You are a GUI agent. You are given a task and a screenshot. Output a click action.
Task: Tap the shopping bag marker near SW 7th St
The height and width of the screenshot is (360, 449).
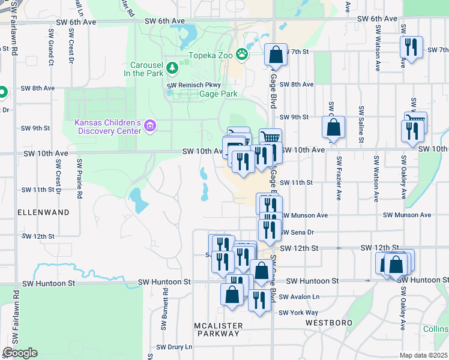click(x=276, y=55)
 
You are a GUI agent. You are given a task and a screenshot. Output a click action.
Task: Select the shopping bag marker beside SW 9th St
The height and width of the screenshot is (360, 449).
click(x=333, y=127)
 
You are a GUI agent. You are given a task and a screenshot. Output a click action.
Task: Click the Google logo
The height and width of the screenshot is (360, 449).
click(x=20, y=352)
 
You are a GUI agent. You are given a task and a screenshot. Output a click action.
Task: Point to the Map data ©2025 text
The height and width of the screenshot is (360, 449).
click(x=423, y=355)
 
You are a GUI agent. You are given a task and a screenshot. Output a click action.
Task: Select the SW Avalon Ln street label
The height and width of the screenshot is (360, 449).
click(x=299, y=296)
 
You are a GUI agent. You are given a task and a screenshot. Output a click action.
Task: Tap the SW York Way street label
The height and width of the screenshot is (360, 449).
click(x=298, y=313)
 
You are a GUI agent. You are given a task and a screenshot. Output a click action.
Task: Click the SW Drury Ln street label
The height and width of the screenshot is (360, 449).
click(x=174, y=347)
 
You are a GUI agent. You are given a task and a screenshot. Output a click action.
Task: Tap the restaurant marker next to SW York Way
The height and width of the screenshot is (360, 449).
click(x=259, y=299)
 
